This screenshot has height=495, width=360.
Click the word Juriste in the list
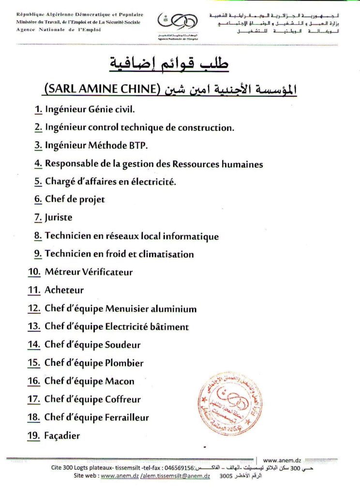tap(59, 218)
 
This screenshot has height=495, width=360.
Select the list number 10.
tap(34, 272)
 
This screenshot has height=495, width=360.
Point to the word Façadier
tap(62, 436)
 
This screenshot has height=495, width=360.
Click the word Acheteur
tap(64, 290)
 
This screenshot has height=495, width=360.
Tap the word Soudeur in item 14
tap(123, 345)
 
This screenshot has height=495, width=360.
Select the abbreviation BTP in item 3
tap(137, 146)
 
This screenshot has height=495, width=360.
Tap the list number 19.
tap(34, 436)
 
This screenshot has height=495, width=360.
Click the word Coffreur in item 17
tap(123, 399)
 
